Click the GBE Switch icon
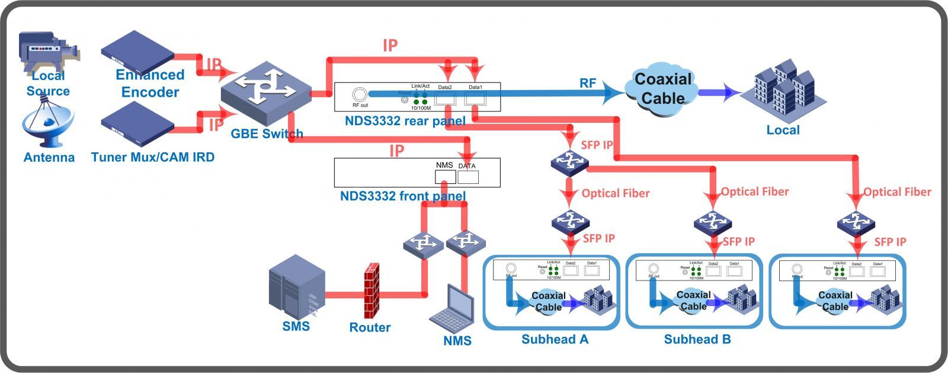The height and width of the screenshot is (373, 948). [266, 88]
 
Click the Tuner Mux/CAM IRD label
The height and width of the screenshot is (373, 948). [153, 157]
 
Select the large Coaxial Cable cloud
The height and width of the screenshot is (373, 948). [662, 89]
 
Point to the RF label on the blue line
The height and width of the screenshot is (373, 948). [587, 83]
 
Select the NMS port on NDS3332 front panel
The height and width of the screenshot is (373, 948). [445, 177]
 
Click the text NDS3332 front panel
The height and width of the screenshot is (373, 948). [402, 196]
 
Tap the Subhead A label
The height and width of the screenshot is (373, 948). [555, 339]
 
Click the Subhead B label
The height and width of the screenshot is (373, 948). [697, 339]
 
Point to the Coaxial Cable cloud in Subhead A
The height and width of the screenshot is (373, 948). [548, 301]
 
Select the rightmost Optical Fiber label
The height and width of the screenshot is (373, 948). [896, 192]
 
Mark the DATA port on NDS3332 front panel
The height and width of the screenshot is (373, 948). [467, 177]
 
